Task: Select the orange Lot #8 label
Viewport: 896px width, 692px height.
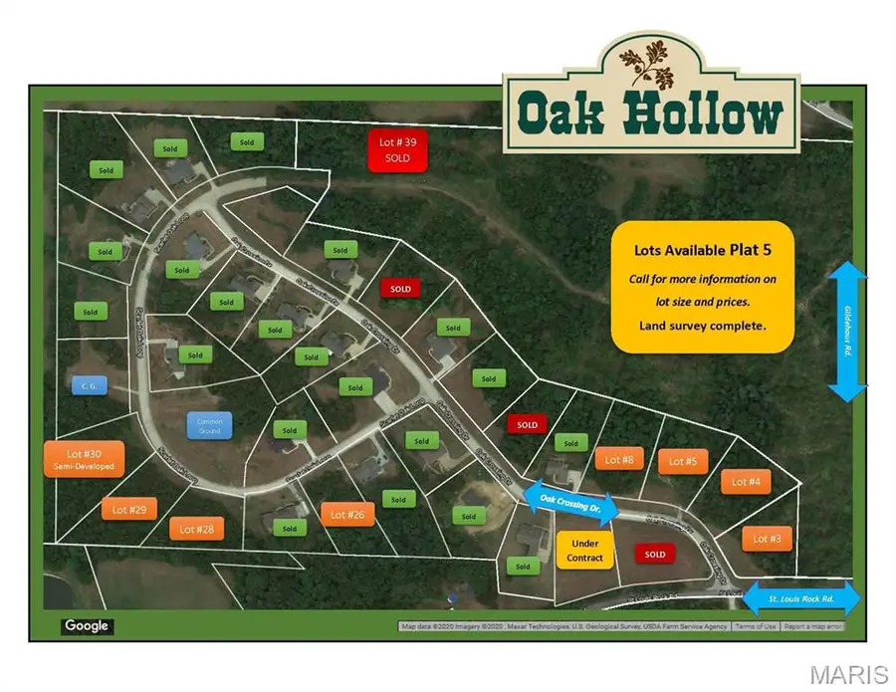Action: pyautogui.click(x=619, y=459)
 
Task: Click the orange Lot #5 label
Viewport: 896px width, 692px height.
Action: pyautogui.click(x=682, y=461)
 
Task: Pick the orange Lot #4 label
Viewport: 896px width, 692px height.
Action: pyautogui.click(x=746, y=482)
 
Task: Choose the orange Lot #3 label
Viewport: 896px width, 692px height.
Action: pyautogui.click(x=767, y=539)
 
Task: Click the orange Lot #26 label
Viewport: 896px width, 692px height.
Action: pyautogui.click(x=347, y=514)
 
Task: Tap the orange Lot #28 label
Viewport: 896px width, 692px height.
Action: pyautogui.click(x=197, y=529)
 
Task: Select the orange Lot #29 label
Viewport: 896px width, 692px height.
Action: pyautogui.click(x=128, y=510)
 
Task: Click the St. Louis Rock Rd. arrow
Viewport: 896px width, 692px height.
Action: pyautogui.click(x=800, y=599)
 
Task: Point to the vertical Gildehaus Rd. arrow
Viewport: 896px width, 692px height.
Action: pyautogui.click(x=848, y=332)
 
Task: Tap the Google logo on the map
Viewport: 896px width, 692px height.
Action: pyautogui.click(x=87, y=626)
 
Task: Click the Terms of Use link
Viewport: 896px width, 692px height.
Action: pyautogui.click(x=756, y=626)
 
